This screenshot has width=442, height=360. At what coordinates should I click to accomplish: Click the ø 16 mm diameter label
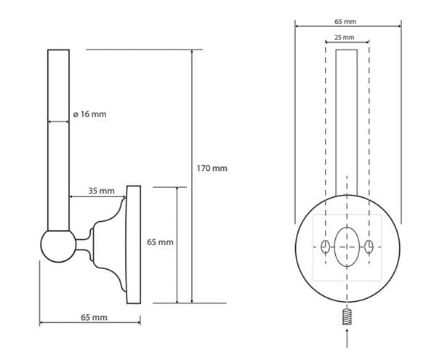click(89, 114)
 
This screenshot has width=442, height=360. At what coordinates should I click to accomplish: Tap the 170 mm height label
click(212, 168)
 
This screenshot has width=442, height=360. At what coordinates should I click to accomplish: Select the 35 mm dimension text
click(102, 191)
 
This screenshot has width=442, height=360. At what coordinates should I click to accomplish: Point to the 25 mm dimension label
click(344, 37)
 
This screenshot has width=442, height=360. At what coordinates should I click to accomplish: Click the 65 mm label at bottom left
click(95, 317)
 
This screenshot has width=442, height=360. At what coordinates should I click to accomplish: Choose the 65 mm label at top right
click(345, 21)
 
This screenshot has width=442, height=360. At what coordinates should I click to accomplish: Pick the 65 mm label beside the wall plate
click(160, 242)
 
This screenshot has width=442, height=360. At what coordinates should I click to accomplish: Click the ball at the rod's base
click(58, 247)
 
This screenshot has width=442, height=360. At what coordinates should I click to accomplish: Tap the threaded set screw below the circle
click(347, 317)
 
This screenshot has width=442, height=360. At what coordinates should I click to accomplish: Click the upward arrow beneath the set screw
click(347, 337)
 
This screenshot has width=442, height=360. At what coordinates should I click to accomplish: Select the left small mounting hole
click(325, 247)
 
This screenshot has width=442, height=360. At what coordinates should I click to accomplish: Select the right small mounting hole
click(369, 247)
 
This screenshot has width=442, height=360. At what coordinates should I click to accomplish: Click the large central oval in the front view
click(347, 247)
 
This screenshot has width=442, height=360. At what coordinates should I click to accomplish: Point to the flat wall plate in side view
click(134, 244)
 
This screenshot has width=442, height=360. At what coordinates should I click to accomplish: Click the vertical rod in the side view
click(58, 140)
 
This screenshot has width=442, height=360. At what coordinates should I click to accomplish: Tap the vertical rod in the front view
click(347, 123)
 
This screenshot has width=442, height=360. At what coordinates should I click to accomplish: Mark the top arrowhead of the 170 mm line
click(192, 52)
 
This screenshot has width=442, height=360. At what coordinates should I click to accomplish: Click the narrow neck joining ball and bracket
click(84, 244)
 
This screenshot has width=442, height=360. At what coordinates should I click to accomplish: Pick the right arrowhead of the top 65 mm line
click(399, 26)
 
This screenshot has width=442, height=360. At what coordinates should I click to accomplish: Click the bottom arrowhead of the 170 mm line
click(192, 301)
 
